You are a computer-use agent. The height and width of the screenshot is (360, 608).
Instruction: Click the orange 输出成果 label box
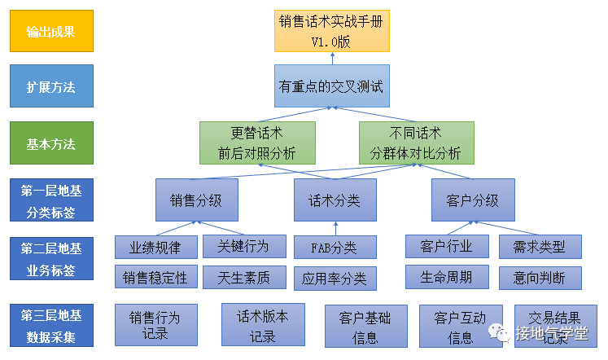(50, 31)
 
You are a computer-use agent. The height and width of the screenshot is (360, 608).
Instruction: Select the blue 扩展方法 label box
(50, 86)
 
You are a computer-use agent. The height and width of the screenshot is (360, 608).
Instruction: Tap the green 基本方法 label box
(50, 143)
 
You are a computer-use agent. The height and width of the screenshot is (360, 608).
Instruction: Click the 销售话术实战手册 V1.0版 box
(331, 31)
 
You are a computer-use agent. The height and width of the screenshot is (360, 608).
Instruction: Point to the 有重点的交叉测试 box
(331, 86)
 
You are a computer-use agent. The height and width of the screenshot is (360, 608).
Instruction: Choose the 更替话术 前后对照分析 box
(257, 143)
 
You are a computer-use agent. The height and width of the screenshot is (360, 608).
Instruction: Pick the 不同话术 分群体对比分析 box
(416, 143)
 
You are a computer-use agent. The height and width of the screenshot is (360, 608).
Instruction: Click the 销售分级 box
(196, 200)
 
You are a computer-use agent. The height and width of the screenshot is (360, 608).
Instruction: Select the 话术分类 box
(335, 200)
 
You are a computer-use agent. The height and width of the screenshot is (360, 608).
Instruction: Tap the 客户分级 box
(472, 200)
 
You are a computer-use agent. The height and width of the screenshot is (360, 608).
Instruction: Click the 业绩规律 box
(155, 246)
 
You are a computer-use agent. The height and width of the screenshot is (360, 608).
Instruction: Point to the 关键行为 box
(245, 245)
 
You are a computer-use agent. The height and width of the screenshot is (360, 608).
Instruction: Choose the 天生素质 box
(245, 278)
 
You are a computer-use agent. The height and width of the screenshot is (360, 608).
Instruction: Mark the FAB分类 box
(335, 248)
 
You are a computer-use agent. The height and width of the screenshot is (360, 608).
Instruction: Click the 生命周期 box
(447, 277)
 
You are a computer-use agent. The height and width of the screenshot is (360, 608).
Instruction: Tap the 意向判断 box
(540, 278)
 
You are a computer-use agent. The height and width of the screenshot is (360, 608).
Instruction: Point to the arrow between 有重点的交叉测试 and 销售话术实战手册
(331, 57)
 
